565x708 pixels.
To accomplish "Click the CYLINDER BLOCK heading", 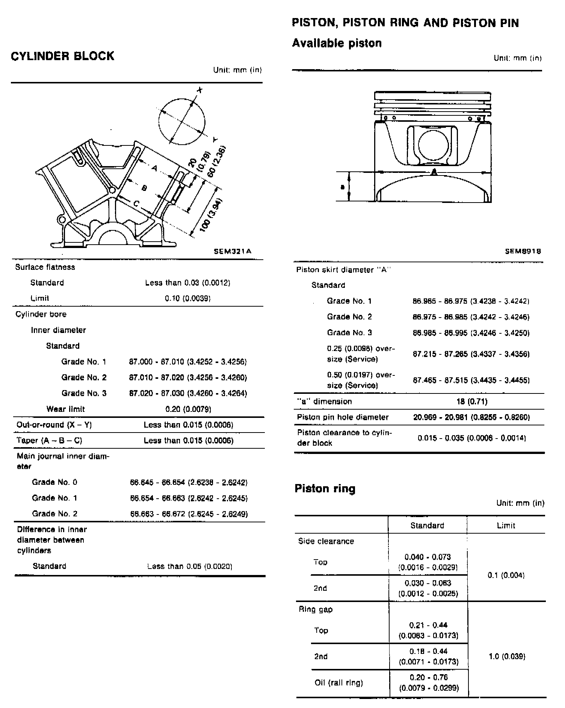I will pos(62,56).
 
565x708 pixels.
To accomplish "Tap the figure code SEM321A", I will pos(233,251).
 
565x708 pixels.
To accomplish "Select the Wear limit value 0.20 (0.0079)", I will pos(188,409).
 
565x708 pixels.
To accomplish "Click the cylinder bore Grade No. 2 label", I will pos(84,377).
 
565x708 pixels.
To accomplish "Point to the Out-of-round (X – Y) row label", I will pos(54,425).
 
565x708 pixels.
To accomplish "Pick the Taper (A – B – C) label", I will pos(49,440).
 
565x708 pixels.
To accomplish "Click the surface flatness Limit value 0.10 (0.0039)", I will pos(188,298).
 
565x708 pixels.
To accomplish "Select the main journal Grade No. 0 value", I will pos(189,482).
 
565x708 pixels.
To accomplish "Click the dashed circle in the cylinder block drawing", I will pos(182,122).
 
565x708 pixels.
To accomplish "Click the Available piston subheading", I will pos(337,43).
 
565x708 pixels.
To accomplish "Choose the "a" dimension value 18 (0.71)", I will pos(472,401).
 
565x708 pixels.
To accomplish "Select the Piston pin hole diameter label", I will pos(343,417).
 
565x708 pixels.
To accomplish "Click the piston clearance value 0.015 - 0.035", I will pos(471,438).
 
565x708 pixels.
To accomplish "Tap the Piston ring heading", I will pos(325,489).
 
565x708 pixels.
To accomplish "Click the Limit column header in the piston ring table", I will pos(506,525).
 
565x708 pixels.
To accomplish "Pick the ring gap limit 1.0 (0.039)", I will pos(507,657).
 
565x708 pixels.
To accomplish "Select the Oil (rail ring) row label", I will pos(339,682).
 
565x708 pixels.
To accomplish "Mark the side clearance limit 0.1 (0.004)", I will pos(506,575).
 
